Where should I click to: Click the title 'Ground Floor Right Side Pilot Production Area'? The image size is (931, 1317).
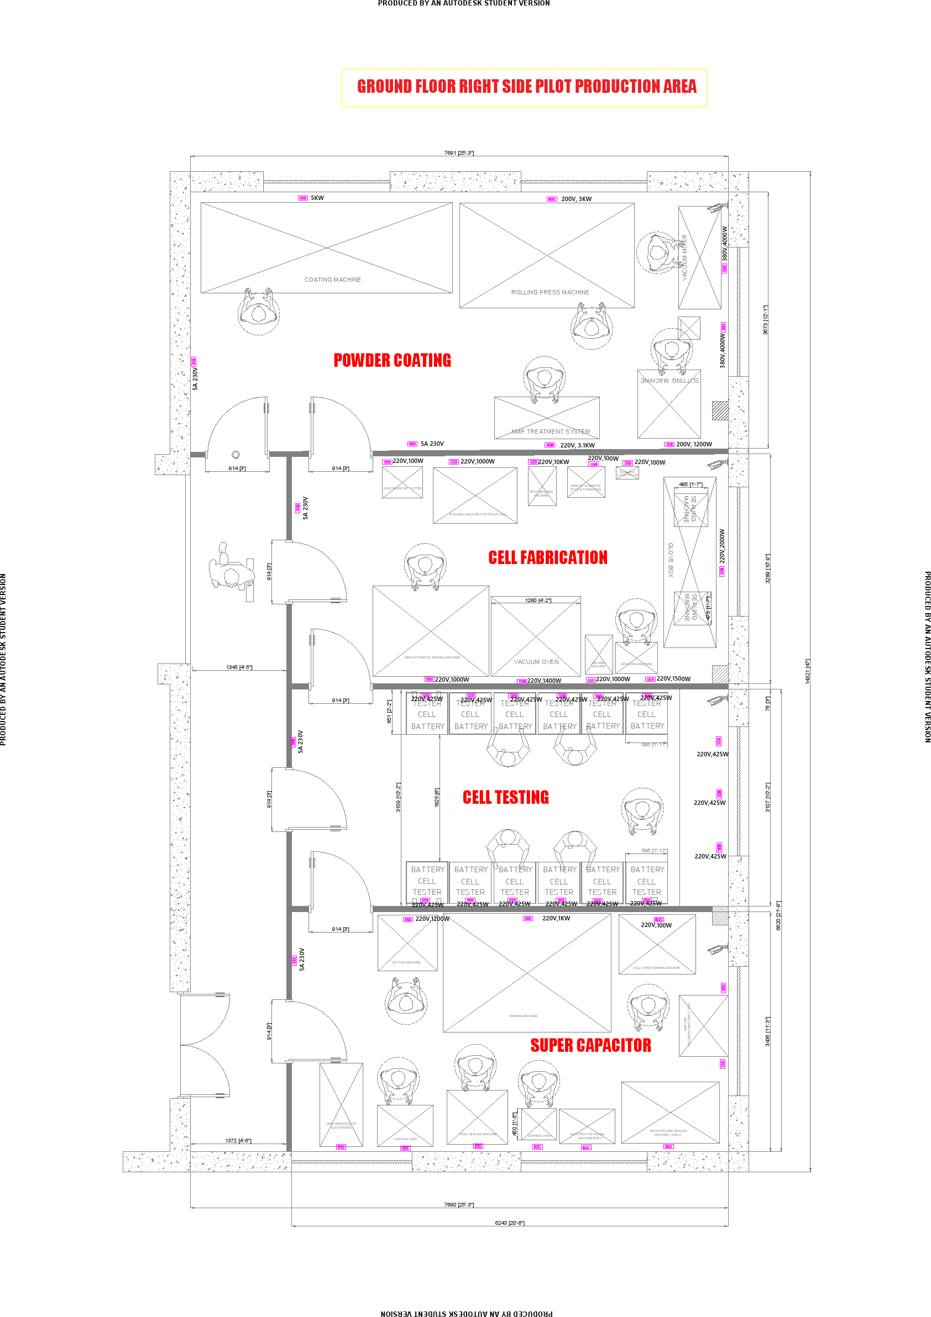[526, 87]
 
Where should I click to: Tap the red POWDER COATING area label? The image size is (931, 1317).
[392, 360]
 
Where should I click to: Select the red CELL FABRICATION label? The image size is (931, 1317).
[547, 557]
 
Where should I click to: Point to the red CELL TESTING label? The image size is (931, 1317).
[506, 797]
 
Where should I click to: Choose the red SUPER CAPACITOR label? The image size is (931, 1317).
[590, 1045]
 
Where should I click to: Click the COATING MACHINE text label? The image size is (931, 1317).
[333, 280]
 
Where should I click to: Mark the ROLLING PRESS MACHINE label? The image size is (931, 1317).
[550, 293]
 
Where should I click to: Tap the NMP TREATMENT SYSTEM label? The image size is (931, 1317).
[551, 431]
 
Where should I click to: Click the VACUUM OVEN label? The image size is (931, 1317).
[536, 662]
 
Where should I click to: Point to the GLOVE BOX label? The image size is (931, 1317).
[671, 559]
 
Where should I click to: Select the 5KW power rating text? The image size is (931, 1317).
[317, 198]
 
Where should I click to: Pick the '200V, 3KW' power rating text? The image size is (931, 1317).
[576, 199]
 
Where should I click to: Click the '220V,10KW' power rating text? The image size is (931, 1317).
[554, 462]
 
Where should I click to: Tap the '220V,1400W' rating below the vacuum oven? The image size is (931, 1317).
[544, 681]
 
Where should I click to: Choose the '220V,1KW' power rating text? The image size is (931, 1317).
[556, 918]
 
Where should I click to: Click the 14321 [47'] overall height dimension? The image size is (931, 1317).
[807, 671]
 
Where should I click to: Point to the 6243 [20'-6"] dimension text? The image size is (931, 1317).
[510, 1223]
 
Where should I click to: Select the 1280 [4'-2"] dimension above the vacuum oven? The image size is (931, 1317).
[538, 600]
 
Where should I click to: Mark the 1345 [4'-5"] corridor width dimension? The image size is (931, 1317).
[239, 667]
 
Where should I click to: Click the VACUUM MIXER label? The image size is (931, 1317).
[684, 256]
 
